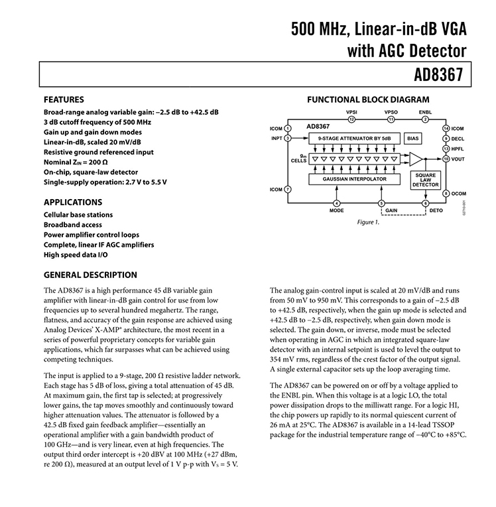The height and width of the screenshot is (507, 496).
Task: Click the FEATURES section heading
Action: [64, 99]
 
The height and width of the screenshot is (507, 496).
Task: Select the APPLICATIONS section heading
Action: [73, 202]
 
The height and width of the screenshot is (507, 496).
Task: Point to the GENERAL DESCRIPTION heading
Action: [90, 275]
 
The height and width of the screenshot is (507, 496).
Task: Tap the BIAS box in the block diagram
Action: [412, 138]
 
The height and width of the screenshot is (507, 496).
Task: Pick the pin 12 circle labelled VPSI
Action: [353, 119]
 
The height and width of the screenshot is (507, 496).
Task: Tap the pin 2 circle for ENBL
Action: [425, 119]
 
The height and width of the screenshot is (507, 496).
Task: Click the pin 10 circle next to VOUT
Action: [446, 159]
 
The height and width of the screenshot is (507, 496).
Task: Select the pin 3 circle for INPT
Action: [288, 138]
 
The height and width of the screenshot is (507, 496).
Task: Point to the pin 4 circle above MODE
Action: [337, 203]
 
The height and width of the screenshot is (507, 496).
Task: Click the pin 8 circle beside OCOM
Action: [446, 193]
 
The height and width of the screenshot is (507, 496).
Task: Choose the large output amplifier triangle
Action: [416, 159]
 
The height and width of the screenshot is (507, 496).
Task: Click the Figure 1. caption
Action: [369, 222]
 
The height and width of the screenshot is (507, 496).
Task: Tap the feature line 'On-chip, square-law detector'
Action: [90, 172]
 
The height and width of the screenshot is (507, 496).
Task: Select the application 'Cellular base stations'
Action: [78, 215]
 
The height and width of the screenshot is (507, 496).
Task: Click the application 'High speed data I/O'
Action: [76, 255]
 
